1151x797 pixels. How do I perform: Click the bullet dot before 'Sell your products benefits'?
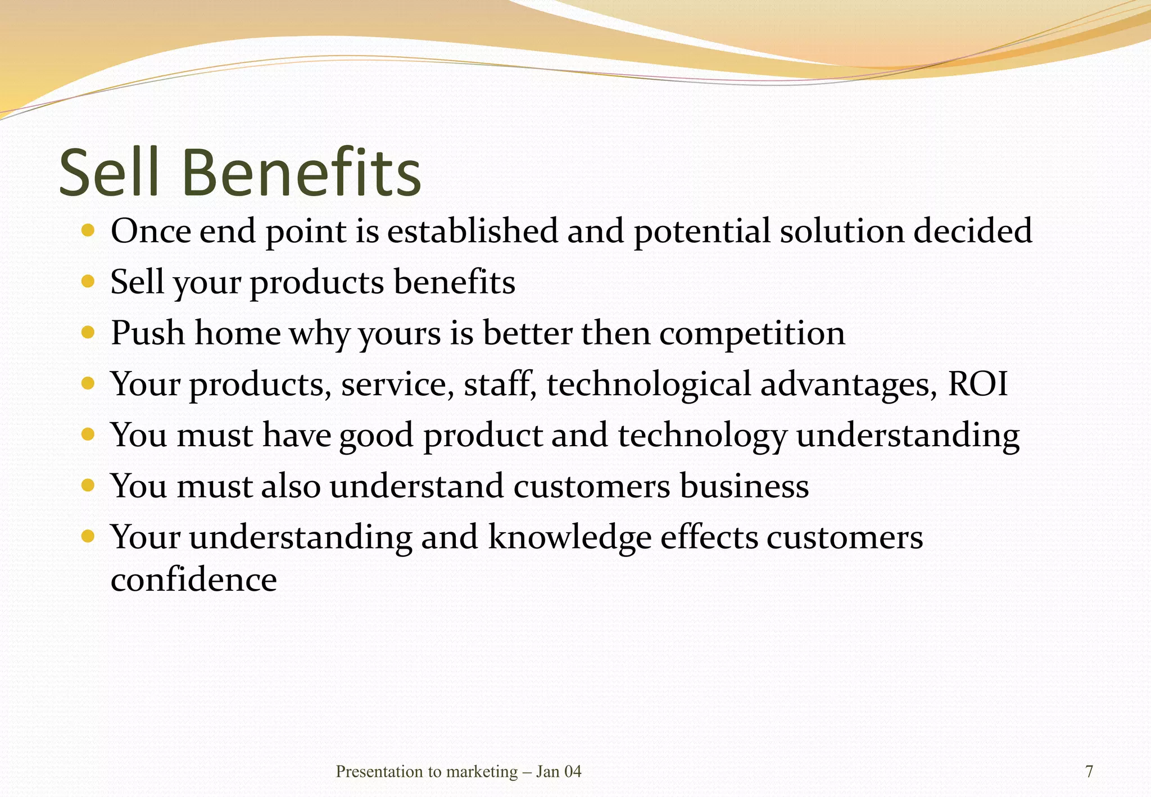[88, 280]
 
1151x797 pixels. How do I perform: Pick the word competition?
[751, 333]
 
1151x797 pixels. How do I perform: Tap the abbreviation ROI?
[978, 384]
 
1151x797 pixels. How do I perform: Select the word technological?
[648, 385]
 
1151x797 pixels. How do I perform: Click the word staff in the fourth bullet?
[499, 384]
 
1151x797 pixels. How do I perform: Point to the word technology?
[702, 436]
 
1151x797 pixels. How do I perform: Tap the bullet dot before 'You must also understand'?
[88, 484]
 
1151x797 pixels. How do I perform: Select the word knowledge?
[569, 537]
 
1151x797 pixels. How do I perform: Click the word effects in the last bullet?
[709, 537]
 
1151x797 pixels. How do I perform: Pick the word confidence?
[193, 579]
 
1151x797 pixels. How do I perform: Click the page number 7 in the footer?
[1089, 772]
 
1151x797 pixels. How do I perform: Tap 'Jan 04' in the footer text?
[558, 772]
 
